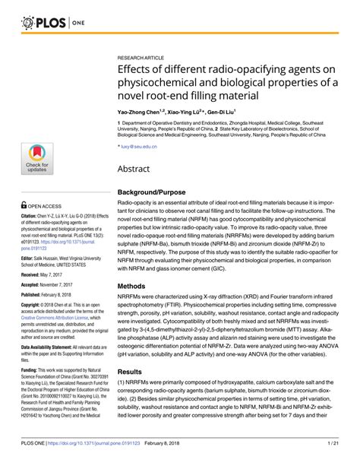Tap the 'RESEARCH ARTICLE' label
144,57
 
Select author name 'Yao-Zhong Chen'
141,110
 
